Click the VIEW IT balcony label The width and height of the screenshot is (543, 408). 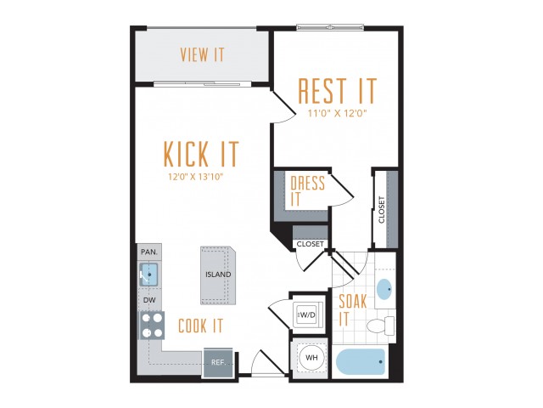point(202,54)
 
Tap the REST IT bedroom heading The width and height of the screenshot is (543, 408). point(337,91)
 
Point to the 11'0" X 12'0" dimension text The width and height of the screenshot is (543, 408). point(338,113)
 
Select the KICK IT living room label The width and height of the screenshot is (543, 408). point(201,154)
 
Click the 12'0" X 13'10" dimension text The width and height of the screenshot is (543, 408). point(195,177)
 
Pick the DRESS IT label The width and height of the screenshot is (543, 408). point(307,191)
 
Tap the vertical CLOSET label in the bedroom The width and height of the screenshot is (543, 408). point(382,210)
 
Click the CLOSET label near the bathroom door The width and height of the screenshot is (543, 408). point(310,244)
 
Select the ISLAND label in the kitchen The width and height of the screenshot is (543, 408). point(218,275)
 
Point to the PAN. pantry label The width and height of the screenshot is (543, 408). point(149,252)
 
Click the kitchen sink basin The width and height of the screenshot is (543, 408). point(149,275)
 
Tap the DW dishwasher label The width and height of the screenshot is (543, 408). point(149,300)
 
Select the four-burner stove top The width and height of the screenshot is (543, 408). point(152,326)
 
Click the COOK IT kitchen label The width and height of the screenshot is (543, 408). point(200,326)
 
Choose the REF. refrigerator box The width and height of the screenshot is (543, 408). point(218,362)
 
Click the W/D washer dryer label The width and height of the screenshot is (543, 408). point(307,315)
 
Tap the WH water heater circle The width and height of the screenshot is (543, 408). point(311,357)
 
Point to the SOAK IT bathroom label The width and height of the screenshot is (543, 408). point(353,310)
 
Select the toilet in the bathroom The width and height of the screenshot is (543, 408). point(381,326)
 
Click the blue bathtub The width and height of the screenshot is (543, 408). point(361,361)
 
